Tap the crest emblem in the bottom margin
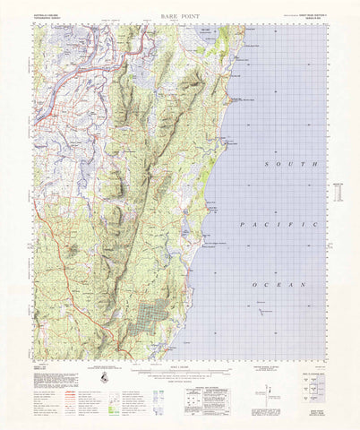105,381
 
